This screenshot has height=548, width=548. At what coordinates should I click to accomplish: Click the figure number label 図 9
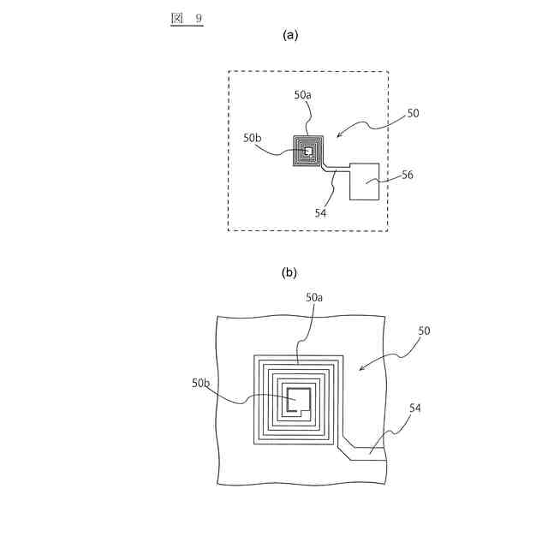coord(186,18)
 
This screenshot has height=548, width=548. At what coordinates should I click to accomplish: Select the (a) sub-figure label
coord(290,35)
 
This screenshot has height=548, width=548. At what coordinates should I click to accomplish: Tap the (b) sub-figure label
coord(289,272)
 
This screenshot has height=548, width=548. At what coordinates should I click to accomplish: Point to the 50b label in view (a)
coord(253,137)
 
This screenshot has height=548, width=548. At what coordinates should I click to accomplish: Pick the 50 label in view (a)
coord(413,113)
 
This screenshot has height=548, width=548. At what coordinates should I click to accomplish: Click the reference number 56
coord(408,175)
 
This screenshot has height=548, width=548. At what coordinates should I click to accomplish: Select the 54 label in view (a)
coord(320,212)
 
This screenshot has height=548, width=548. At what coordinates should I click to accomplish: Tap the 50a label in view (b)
coord(315,297)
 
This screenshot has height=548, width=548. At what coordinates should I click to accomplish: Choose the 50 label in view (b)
coord(424,331)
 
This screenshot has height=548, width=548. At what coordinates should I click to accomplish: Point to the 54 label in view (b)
coord(415,409)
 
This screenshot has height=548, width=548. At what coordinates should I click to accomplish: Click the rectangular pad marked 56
coord(365,181)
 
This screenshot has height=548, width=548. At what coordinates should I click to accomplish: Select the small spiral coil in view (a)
coord(308,152)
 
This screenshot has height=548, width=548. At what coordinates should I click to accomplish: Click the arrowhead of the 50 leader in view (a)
coord(337,135)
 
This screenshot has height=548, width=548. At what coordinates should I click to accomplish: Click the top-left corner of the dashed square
coord(229,72)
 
